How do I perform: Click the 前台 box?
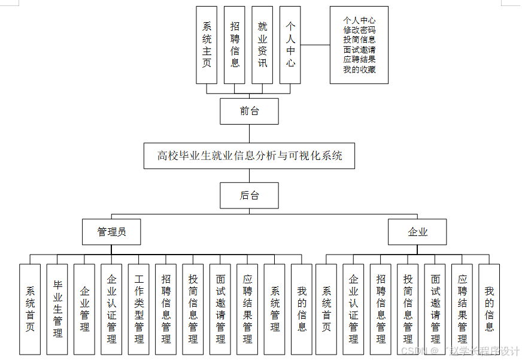[x=249, y=111]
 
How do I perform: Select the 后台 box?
[x=249, y=195]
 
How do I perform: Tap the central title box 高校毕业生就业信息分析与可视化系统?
[x=250, y=156]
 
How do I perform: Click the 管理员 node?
[x=111, y=232]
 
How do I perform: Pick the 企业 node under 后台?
[x=417, y=232]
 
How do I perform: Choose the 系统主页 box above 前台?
[x=207, y=45]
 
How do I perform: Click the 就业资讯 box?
[x=262, y=45]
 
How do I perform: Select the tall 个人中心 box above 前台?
[x=290, y=45]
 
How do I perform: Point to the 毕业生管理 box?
[x=57, y=308]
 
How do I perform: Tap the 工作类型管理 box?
[x=139, y=308]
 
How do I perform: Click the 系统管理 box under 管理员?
[x=275, y=308]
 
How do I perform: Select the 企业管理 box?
[x=84, y=308]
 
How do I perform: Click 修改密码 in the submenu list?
[x=359, y=29]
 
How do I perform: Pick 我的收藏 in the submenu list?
[x=359, y=69]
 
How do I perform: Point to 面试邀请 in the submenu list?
[x=359, y=50]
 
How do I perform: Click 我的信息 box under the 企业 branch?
[x=489, y=308]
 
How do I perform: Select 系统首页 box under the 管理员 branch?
[x=30, y=308]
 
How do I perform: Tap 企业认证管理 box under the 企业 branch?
[x=353, y=308]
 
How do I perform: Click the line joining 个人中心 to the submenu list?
[x=315, y=45]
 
